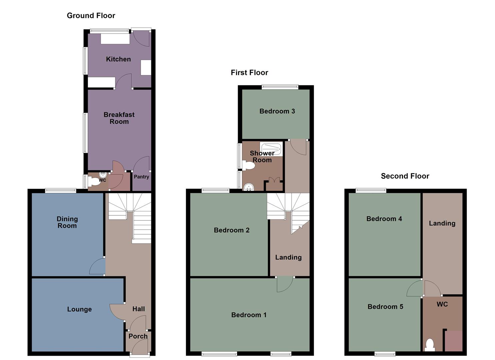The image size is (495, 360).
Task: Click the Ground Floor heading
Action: [91, 16]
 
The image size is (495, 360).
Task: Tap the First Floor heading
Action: [249, 73]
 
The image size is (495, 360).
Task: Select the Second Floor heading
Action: [405, 176]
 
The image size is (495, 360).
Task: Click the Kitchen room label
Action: [118, 59]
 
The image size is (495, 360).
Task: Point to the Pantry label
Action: [141, 177]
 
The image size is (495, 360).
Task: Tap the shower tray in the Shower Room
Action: [271, 149]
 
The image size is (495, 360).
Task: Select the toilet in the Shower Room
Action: [248, 165]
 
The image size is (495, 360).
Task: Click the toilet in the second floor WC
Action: [430, 345]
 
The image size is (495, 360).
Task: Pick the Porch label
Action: [138, 336]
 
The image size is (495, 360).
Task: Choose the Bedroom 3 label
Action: [277, 111]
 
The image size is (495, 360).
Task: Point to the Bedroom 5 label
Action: [385, 307]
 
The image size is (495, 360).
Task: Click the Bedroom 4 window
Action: [371, 191]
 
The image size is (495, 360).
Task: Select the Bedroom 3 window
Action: [280, 87]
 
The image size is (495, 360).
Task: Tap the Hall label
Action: [139, 309]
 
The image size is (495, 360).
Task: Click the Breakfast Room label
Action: [119, 118]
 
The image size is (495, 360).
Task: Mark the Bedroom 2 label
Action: [232, 230]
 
